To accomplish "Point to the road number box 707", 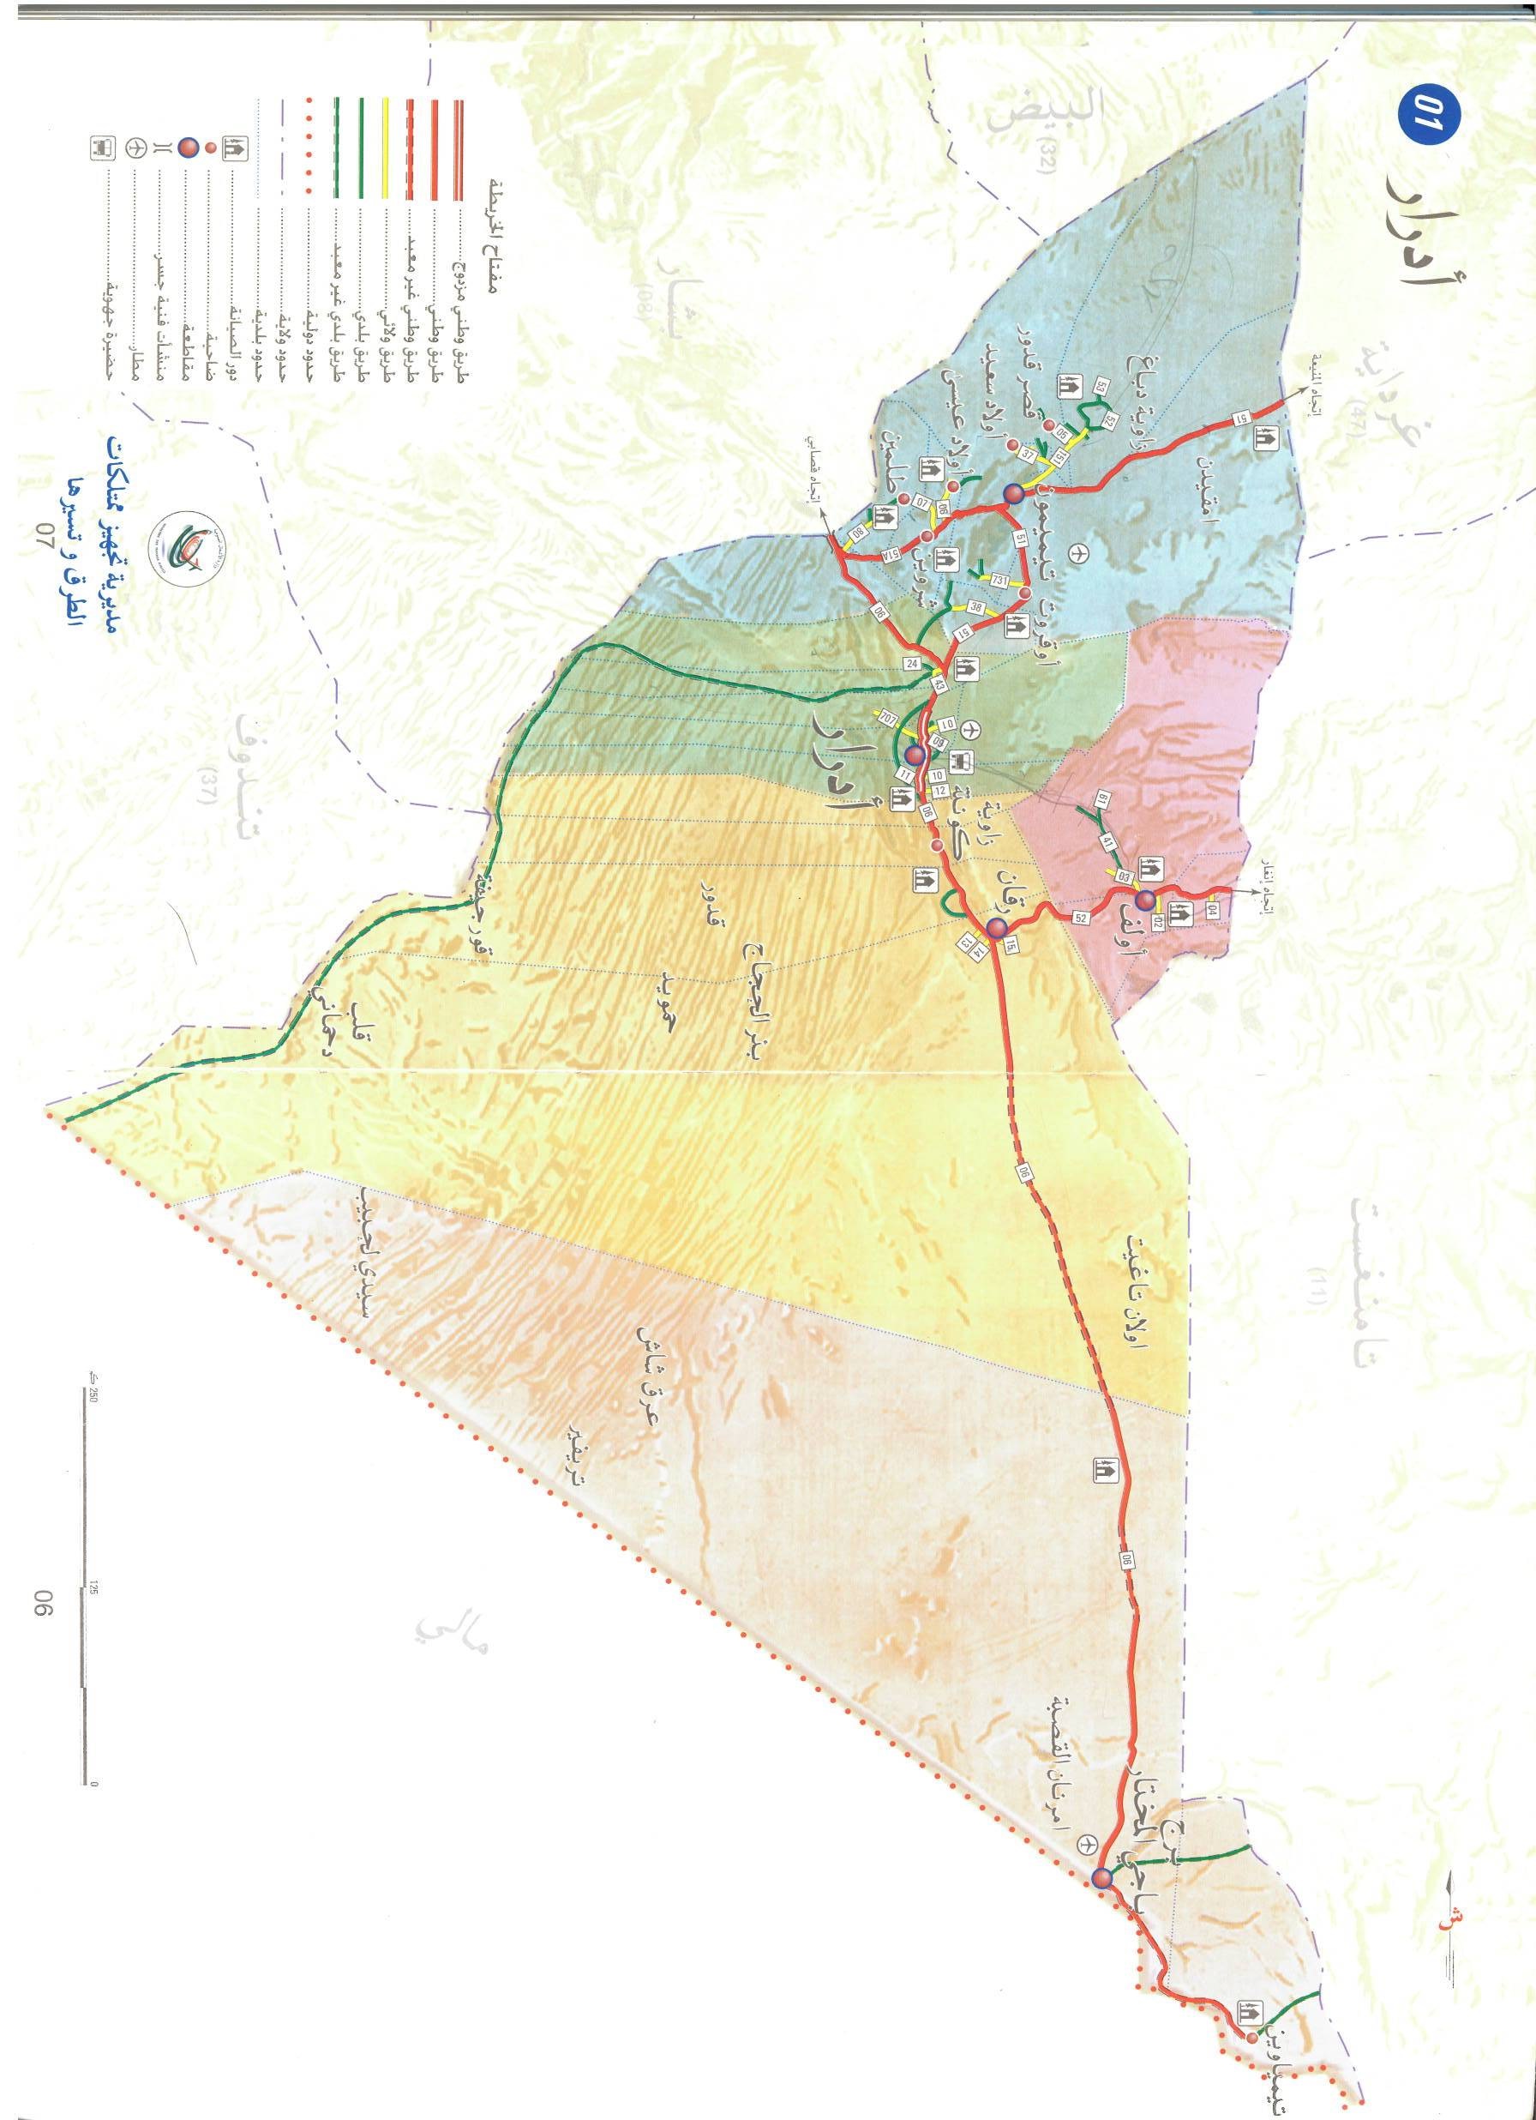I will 889,719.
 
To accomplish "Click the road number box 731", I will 999,581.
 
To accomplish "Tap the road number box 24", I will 912,662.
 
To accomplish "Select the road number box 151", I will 1060,457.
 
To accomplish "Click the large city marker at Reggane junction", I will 997,927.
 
